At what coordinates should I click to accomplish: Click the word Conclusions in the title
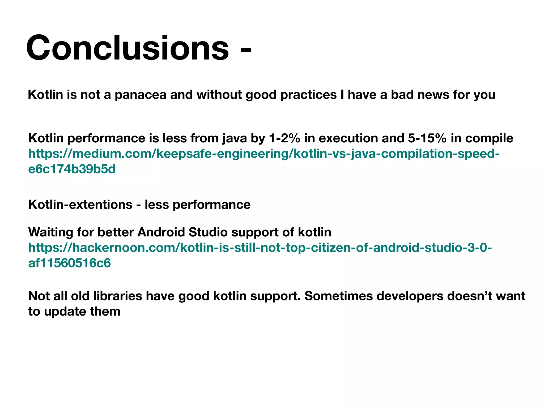click(x=127, y=48)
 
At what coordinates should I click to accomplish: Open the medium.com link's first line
click(x=264, y=154)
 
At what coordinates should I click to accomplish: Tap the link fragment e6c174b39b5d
click(x=72, y=169)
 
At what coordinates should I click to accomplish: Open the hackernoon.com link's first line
click(x=260, y=248)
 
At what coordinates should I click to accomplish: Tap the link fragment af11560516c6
click(x=69, y=263)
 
